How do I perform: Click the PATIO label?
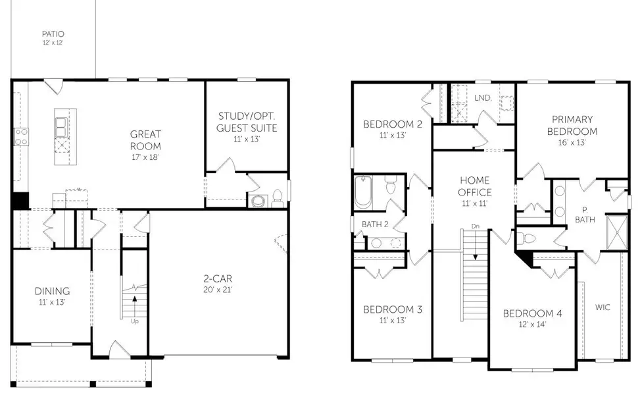tap(53, 34)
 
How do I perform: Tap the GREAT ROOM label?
tap(145, 140)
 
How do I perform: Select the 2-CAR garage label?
tap(218, 278)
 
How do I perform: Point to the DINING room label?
tap(52, 291)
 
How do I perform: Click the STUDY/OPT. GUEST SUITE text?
tap(247, 122)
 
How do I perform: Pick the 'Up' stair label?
tap(135, 321)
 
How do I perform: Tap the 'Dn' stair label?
tap(475, 226)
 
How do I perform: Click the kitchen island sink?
tap(61, 126)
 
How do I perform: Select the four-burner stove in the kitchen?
tap(21, 137)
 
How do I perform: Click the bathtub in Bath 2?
tap(363, 192)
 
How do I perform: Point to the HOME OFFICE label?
tap(475, 186)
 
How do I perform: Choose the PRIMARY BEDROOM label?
tap(572, 125)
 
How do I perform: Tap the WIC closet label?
tap(603, 307)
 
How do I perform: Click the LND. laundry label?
tap(483, 98)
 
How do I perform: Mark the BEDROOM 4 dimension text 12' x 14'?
tap(532, 325)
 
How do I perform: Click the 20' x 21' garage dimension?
tap(218, 290)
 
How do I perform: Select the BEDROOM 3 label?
tap(393, 309)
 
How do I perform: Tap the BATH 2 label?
tap(375, 224)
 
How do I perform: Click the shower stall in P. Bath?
tap(617, 232)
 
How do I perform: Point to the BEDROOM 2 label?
tap(393, 124)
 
